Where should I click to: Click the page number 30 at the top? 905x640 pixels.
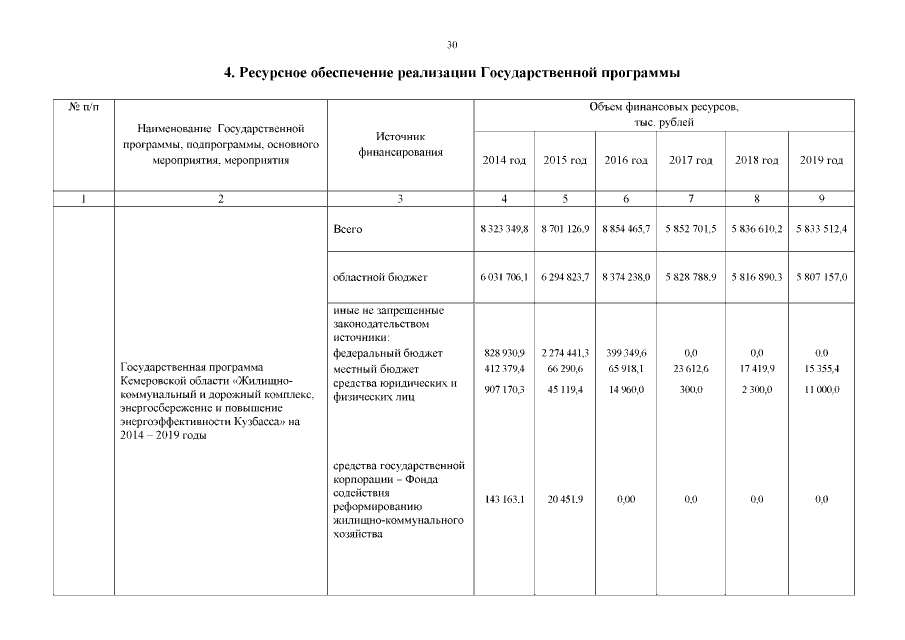tap(452, 44)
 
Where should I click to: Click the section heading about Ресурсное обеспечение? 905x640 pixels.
tap(452, 73)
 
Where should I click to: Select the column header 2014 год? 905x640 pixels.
tap(504, 161)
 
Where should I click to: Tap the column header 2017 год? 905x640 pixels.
tap(690, 161)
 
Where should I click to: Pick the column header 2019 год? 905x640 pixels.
tap(822, 161)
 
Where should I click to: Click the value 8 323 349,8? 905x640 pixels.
tap(504, 230)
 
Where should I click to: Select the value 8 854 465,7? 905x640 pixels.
tap(627, 230)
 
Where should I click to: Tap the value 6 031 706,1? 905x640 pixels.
tap(504, 277)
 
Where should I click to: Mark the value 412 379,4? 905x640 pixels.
tap(504, 370)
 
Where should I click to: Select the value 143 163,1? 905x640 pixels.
tap(504, 499)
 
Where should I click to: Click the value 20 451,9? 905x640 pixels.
tap(565, 499)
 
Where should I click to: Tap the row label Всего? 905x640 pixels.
tap(346, 230)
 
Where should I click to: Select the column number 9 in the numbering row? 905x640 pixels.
tap(822, 199)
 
